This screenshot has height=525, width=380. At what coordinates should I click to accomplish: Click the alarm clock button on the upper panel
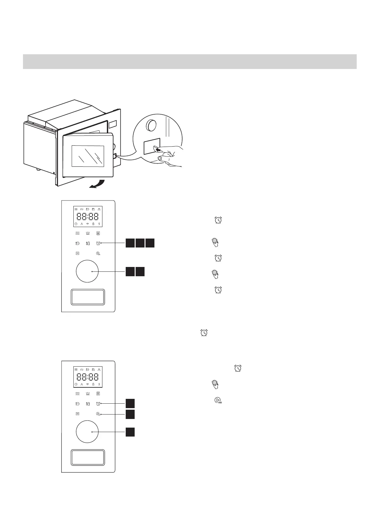pyautogui.click(x=98, y=243)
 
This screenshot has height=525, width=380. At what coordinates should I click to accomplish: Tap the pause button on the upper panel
pyautogui.click(x=77, y=253)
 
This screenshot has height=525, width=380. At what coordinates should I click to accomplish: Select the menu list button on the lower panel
pyautogui.click(x=98, y=394)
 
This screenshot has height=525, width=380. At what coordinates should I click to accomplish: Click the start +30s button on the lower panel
pyautogui.click(x=98, y=414)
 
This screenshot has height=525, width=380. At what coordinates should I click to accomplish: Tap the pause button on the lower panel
pyautogui.click(x=77, y=414)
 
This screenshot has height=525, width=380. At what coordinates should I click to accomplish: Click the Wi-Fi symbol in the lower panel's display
pyautogui.click(x=87, y=384)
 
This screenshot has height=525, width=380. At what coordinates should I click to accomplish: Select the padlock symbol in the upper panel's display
pyautogui.click(x=93, y=224)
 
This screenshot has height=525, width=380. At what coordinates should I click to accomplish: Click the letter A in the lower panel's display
pyautogui.click(x=82, y=384)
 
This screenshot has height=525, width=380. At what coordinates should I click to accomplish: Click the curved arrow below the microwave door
pyautogui.click(x=97, y=184)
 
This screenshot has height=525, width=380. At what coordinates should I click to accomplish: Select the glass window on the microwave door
pyautogui.click(x=88, y=156)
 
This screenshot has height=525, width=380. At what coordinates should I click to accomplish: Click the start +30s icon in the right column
pyautogui.click(x=218, y=400)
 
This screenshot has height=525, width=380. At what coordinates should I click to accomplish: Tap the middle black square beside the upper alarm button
pyautogui.click(x=140, y=243)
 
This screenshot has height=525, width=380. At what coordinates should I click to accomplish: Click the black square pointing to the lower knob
pyautogui.click(x=130, y=432)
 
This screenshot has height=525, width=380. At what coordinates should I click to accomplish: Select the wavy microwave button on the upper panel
pyautogui.click(x=77, y=233)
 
